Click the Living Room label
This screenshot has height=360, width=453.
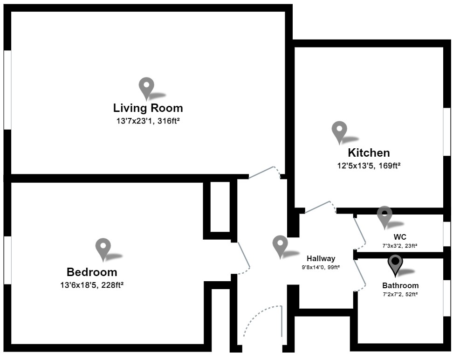(148, 108)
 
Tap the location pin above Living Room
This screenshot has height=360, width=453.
(147, 87)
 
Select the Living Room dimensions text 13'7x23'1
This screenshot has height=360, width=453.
(148, 121)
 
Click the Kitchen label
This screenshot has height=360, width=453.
(369, 152)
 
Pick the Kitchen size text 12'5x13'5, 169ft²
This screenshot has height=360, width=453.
(369, 165)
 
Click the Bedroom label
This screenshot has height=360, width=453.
(92, 272)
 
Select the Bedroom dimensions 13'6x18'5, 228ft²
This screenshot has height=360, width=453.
(92, 284)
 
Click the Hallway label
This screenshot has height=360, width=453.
(321, 258)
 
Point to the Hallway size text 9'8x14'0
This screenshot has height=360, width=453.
(321, 267)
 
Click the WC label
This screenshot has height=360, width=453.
(400, 237)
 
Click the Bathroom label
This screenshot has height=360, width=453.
(400, 285)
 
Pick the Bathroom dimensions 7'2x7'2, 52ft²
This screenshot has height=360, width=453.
(400, 294)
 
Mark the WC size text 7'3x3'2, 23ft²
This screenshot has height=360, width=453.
(400, 245)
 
